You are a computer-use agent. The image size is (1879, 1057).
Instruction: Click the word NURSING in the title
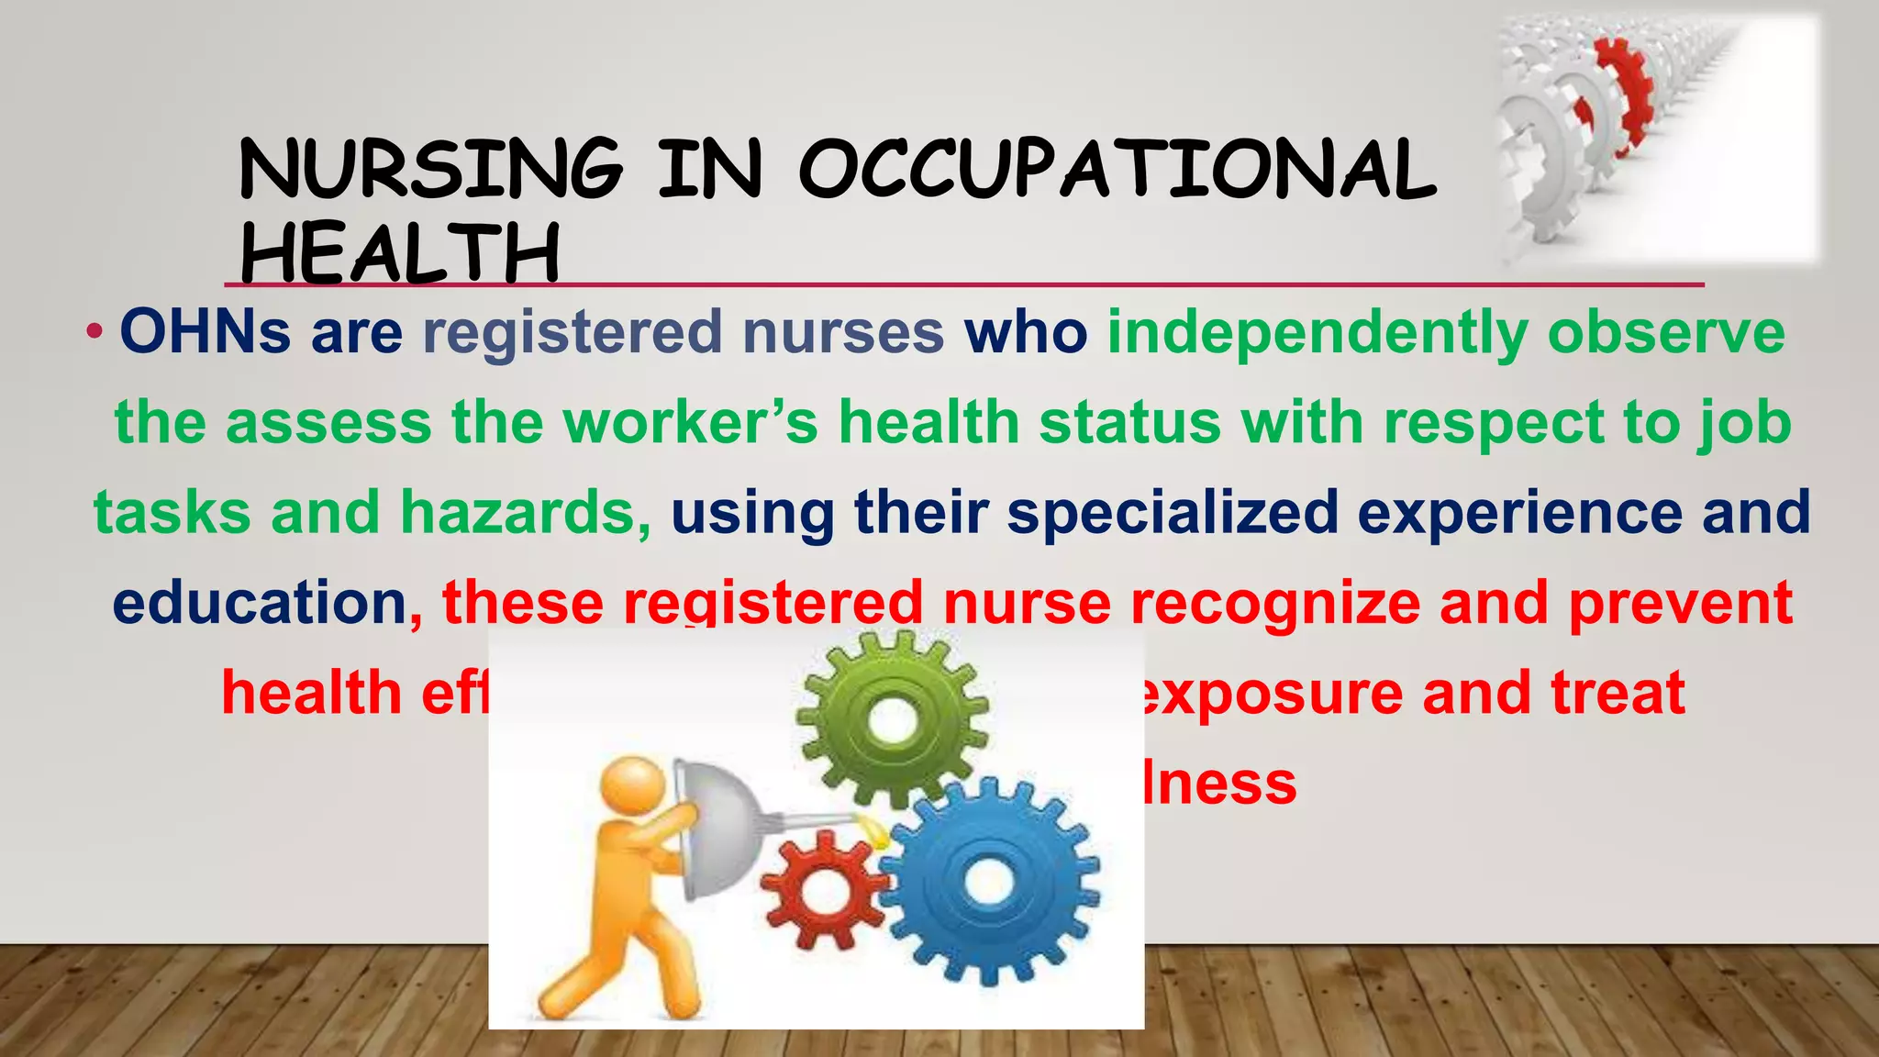point(429,169)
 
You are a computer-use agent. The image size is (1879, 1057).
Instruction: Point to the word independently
point(1317,333)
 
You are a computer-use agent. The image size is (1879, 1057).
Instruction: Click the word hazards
point(525,512)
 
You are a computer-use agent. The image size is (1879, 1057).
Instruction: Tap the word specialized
point(1173,512)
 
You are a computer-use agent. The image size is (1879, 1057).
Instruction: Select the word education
point(260,603)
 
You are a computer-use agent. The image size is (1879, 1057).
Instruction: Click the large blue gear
point(988,882)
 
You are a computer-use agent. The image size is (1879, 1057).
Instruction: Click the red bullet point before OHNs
point(95,331)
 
